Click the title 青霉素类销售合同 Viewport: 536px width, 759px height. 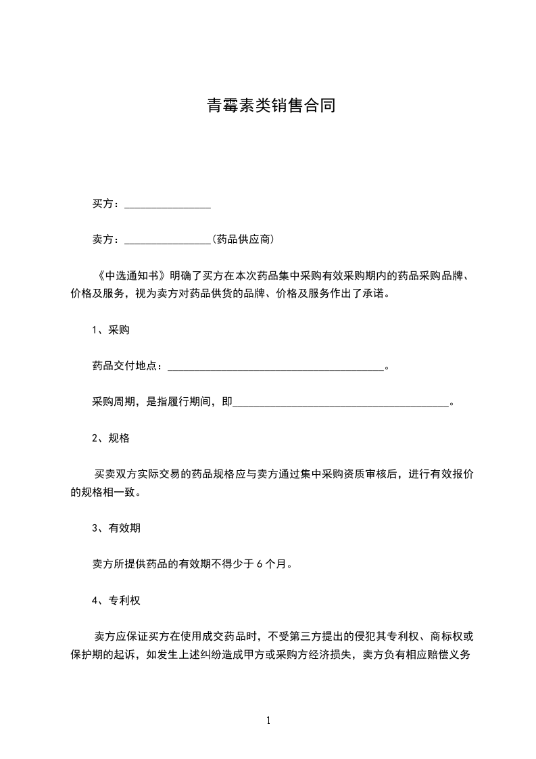[270, 106]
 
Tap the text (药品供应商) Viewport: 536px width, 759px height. [243, 239]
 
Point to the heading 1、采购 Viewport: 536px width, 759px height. [111, 330]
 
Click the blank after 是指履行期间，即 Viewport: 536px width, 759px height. [341, 403]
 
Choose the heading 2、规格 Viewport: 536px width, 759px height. [111, 438]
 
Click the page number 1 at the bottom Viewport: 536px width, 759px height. [268, 720]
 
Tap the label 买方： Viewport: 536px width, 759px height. [107, 204]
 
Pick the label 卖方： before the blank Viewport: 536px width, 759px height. [107, 239]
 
